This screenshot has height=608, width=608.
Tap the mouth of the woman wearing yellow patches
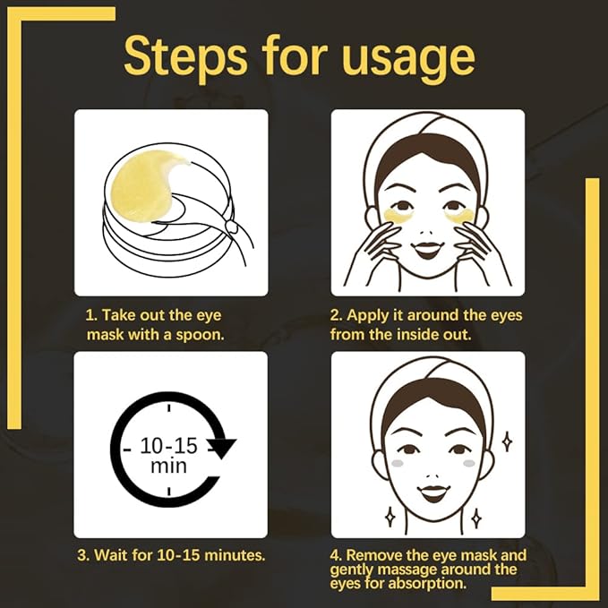pos(427,247)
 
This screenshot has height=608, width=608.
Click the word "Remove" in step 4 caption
pos(378,555)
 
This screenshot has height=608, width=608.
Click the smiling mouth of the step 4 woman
pos(433,492)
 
